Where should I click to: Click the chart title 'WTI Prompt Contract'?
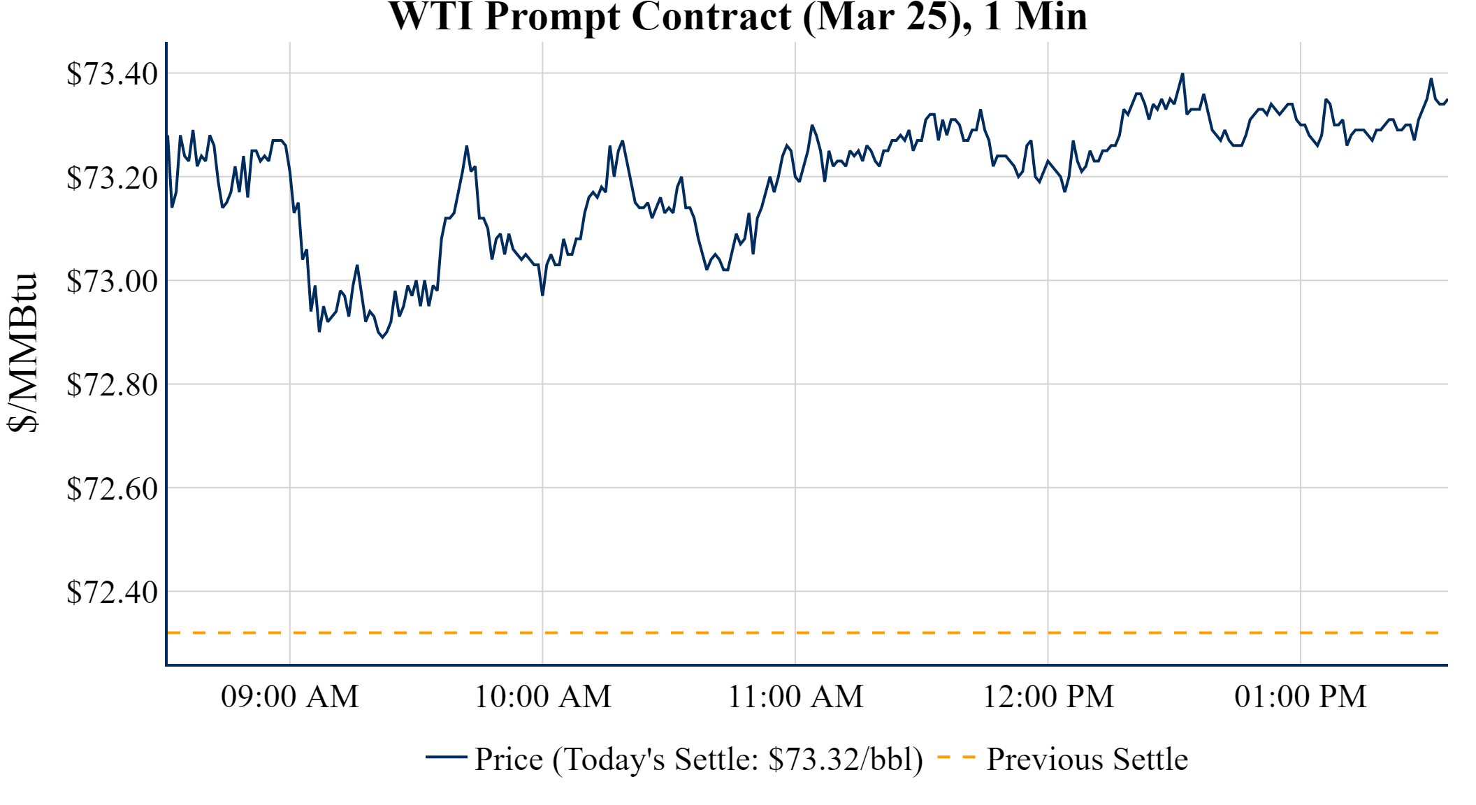click(x=737, y=17)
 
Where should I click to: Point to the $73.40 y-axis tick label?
click(x=112, y=73)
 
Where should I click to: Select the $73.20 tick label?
click(x=112, y=177)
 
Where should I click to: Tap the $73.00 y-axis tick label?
click(x=112, y=281)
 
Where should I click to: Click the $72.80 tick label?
click(x=112, y=384)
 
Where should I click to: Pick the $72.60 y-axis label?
click(x=112, y=488)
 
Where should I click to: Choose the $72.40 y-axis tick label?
click(x=112, y=592)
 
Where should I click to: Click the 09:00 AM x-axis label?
click(x=290, y=697)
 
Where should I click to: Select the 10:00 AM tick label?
click(x=543, y=697)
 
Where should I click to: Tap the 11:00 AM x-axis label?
click(x=796, y=697)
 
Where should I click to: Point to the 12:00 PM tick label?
click(x=1048, y=697)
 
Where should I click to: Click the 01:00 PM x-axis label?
click(x=1301, y=697)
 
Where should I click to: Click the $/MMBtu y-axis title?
click(x=22, y=353)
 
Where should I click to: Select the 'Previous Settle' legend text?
click(x=1087, y=760)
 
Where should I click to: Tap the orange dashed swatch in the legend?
click(x=956, y=757)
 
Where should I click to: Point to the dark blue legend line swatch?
click(x=446, y=757)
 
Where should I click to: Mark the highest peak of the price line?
click(x=1182, y=73)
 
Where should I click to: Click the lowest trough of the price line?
click(x=382, y=337)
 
